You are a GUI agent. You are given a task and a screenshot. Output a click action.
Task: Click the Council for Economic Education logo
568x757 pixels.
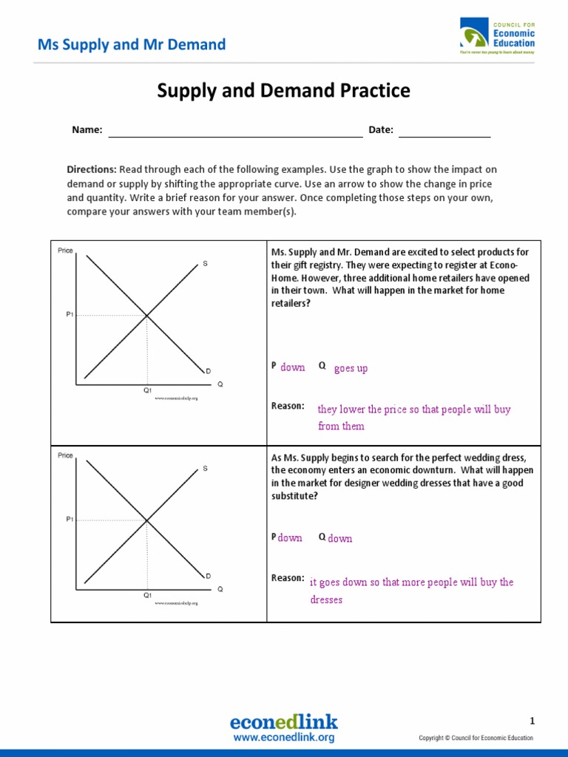[x=496, y=37]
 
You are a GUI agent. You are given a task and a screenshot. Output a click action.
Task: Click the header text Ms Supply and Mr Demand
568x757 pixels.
[x=132, y=44]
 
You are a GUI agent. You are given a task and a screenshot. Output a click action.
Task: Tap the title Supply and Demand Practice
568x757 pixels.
[x=283, y=91]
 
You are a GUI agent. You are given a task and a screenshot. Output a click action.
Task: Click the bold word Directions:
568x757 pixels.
[x=92, y=169]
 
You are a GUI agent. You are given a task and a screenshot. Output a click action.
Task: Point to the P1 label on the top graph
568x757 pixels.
[x=70, y=315]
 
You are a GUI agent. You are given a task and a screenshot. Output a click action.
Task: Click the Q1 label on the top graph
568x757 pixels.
[x=147, y=390]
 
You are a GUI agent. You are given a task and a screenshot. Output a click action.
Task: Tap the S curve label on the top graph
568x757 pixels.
[x=205, y=263]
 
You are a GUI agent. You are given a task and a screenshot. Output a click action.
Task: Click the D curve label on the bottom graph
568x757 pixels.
[x=208, y=576]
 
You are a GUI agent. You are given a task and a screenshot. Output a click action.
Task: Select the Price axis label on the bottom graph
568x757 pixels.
[x=65, y=455]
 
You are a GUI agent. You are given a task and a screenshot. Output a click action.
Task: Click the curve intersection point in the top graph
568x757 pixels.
[x=146, y=316]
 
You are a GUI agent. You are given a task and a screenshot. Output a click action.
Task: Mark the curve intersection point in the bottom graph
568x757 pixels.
[x=146, y=520]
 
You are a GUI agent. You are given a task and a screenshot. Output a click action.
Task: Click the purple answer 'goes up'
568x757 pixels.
[x=351, y=368]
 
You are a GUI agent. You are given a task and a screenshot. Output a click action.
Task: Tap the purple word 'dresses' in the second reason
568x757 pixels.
[x=326, y=600]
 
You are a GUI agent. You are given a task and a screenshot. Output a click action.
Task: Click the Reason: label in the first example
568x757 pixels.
[x=288, y=406]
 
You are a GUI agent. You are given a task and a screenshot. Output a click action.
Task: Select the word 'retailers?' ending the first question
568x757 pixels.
[x=291, y=303]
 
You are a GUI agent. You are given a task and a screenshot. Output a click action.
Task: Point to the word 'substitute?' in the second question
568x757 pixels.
[x=295, y=496]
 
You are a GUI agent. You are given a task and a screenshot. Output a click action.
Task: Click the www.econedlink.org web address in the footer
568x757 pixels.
[x=284, y=738]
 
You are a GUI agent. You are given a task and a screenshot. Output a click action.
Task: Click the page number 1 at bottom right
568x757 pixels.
[x=532, y=722]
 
